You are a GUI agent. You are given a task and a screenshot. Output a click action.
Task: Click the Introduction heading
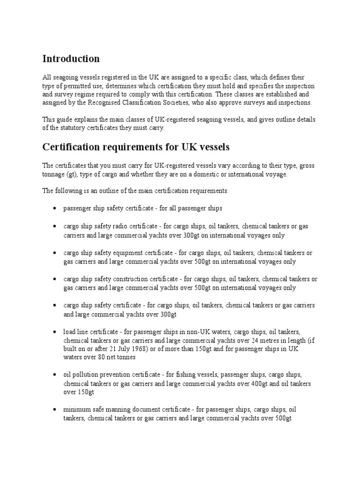[x=71, y=59]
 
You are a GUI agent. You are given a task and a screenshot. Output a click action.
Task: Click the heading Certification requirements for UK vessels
[x=136, y=147]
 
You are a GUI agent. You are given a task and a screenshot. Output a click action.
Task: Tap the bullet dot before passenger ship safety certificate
[x=55, y=208]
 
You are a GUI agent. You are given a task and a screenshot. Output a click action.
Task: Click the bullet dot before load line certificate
[x=55, y=332]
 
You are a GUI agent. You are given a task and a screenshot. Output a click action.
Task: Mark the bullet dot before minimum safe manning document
[x=55, y=409]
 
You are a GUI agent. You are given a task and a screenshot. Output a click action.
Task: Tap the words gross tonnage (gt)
[x=61, y=174]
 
